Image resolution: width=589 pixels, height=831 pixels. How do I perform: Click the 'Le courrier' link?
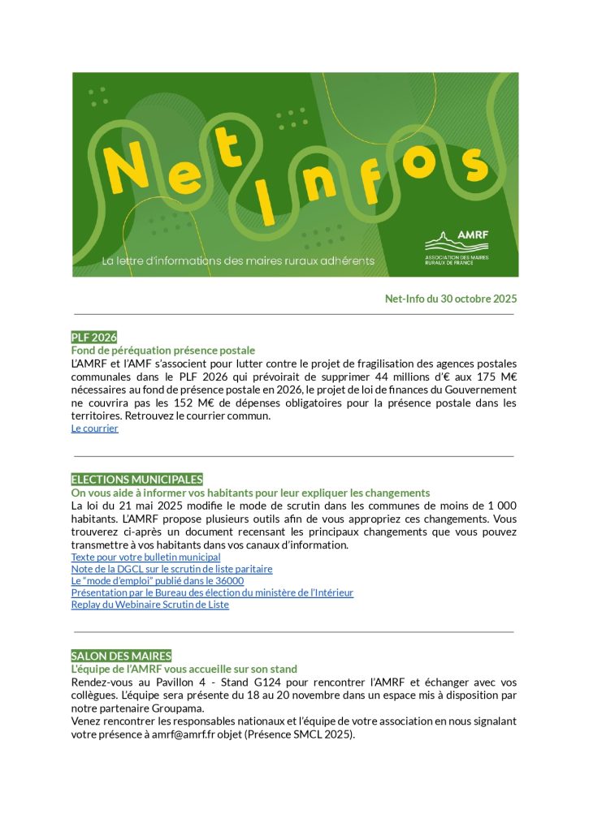pyautogui.click(x=94, y=428)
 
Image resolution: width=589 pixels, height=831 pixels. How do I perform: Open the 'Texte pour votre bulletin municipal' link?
pyautogui.click(x=145, y=558)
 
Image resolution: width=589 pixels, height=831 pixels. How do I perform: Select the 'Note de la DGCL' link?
pyautogui.click(x=171, y=570)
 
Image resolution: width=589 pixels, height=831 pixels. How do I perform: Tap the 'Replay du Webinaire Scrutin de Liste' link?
pyautogui.click(x=149, y=605)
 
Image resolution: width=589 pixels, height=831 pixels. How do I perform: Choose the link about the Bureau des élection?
pyautogui.click(x=212, y=593)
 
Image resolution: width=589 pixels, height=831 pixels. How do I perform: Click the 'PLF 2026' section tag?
pyautogui.click(x=94, y=337)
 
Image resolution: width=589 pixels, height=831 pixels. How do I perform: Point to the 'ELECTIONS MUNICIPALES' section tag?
pyautogui.click(x=136, y=480)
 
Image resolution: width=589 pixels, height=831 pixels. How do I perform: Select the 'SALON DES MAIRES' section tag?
pyautogui.click(x=121, y=656)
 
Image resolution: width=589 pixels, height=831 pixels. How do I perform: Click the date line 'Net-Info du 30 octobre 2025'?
pyautogui.click(x=450, y=299)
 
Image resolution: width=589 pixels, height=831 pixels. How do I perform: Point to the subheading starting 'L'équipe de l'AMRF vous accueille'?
pyautogui.click(x=184, y=669)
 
